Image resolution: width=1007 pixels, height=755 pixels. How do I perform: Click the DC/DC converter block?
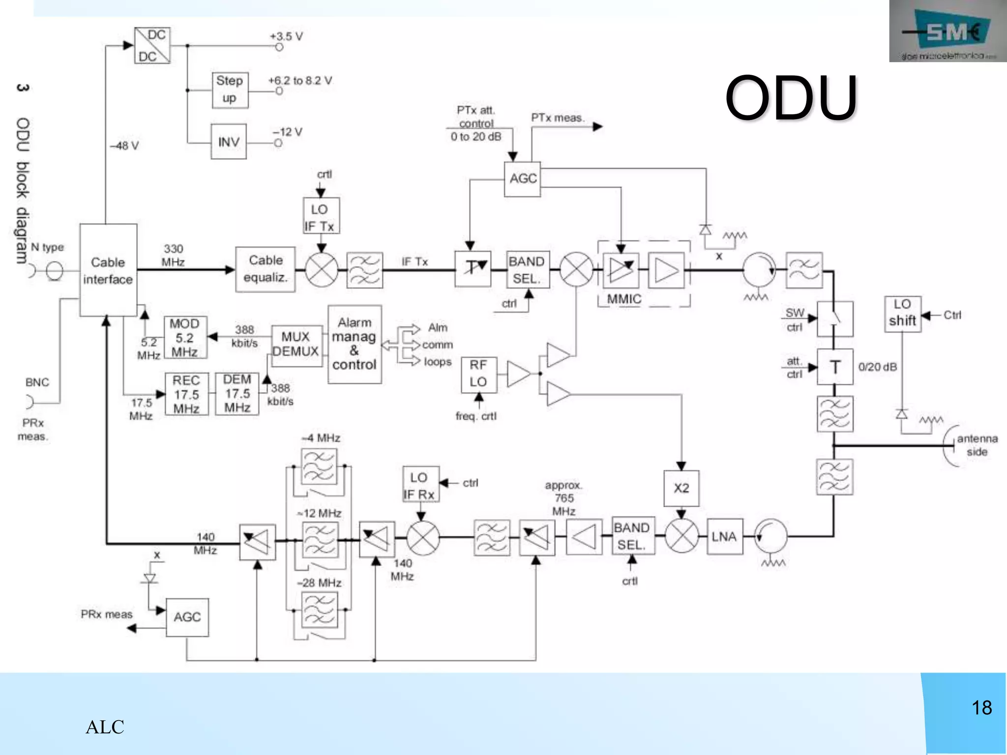[x=152, y=46]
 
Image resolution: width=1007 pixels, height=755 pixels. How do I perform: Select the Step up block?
[x=230, y=90]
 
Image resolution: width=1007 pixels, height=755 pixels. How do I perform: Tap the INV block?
[x=229, y=142]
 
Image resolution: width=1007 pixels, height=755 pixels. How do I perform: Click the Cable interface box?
[x=108, y=270]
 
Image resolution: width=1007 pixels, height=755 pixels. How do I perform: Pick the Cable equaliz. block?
[x=266, y=269]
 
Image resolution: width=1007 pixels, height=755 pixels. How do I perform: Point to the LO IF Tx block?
[x=321, y=216]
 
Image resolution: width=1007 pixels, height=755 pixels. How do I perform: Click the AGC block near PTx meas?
[x=522, y=179]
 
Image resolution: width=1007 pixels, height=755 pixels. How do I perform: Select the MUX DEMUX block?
[x=296, y=345]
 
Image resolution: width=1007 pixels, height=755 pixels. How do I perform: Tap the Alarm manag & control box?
[x=355, y=344]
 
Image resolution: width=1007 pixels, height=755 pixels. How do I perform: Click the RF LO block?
[x=478, y=375]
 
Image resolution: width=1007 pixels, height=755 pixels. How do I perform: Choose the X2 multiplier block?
[x=681, y=488]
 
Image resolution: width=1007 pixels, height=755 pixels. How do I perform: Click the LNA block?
[x=724, y=537]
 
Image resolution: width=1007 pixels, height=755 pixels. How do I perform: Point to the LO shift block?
[x=902, y=314]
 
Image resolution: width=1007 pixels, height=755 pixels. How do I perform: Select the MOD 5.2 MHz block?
[x=185, y=338]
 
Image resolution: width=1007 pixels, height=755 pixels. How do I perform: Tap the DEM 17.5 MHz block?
[x=237, y=394]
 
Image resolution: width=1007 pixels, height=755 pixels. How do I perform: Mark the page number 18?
[x=981, y=708]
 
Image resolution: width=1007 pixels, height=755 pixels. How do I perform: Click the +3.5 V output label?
[x=286, y=36]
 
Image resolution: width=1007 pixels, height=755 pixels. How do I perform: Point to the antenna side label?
[x=977, y=445]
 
